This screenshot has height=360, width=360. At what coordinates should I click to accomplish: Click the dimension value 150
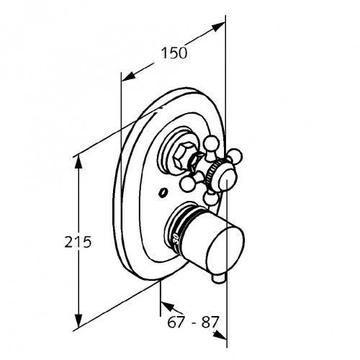174,53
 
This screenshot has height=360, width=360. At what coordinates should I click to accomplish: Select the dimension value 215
78,242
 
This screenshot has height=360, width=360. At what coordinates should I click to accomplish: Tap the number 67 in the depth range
176,322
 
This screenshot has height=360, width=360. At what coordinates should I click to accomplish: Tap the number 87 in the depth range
210,322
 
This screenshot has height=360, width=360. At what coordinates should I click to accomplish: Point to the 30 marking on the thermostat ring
176,239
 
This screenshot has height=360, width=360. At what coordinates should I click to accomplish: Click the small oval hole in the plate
163,193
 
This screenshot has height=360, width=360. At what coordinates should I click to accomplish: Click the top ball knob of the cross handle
212,144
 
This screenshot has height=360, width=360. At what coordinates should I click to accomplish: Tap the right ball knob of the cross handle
235,156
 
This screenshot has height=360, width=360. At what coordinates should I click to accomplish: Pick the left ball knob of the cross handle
187,184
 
